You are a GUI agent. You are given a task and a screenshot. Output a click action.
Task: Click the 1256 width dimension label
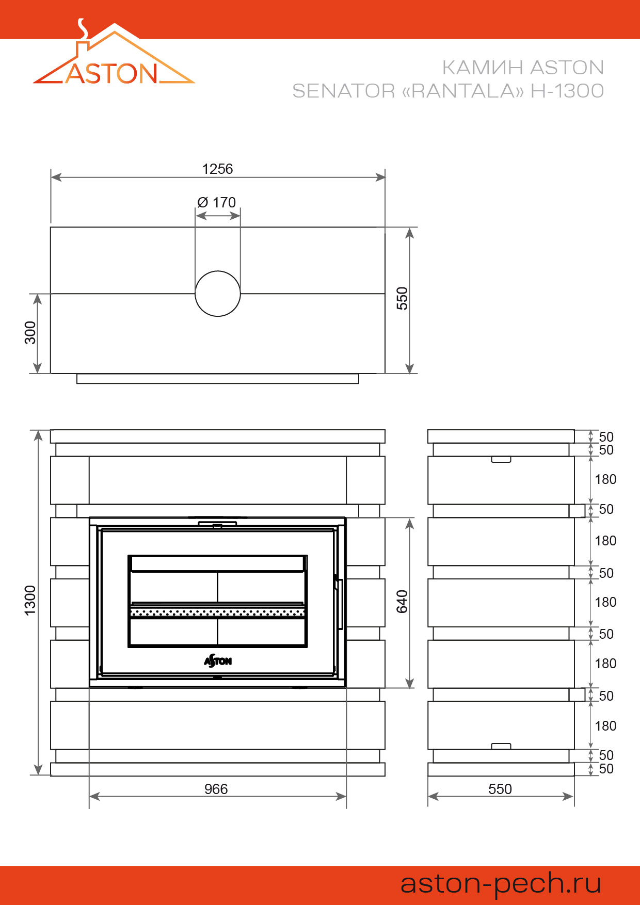pos(217,169)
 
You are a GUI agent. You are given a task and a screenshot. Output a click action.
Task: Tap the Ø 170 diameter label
pos(217,202)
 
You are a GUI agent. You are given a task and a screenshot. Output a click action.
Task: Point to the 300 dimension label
pos(30,333)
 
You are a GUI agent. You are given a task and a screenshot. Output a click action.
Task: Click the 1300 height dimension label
pos(30,600)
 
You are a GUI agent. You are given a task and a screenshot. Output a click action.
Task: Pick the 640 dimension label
pos(402,602)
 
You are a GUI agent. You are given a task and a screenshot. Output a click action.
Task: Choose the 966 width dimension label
pos(216,789)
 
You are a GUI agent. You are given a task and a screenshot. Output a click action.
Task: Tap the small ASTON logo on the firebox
pos(218,660)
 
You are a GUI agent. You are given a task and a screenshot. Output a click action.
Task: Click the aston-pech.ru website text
pos(501,883)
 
